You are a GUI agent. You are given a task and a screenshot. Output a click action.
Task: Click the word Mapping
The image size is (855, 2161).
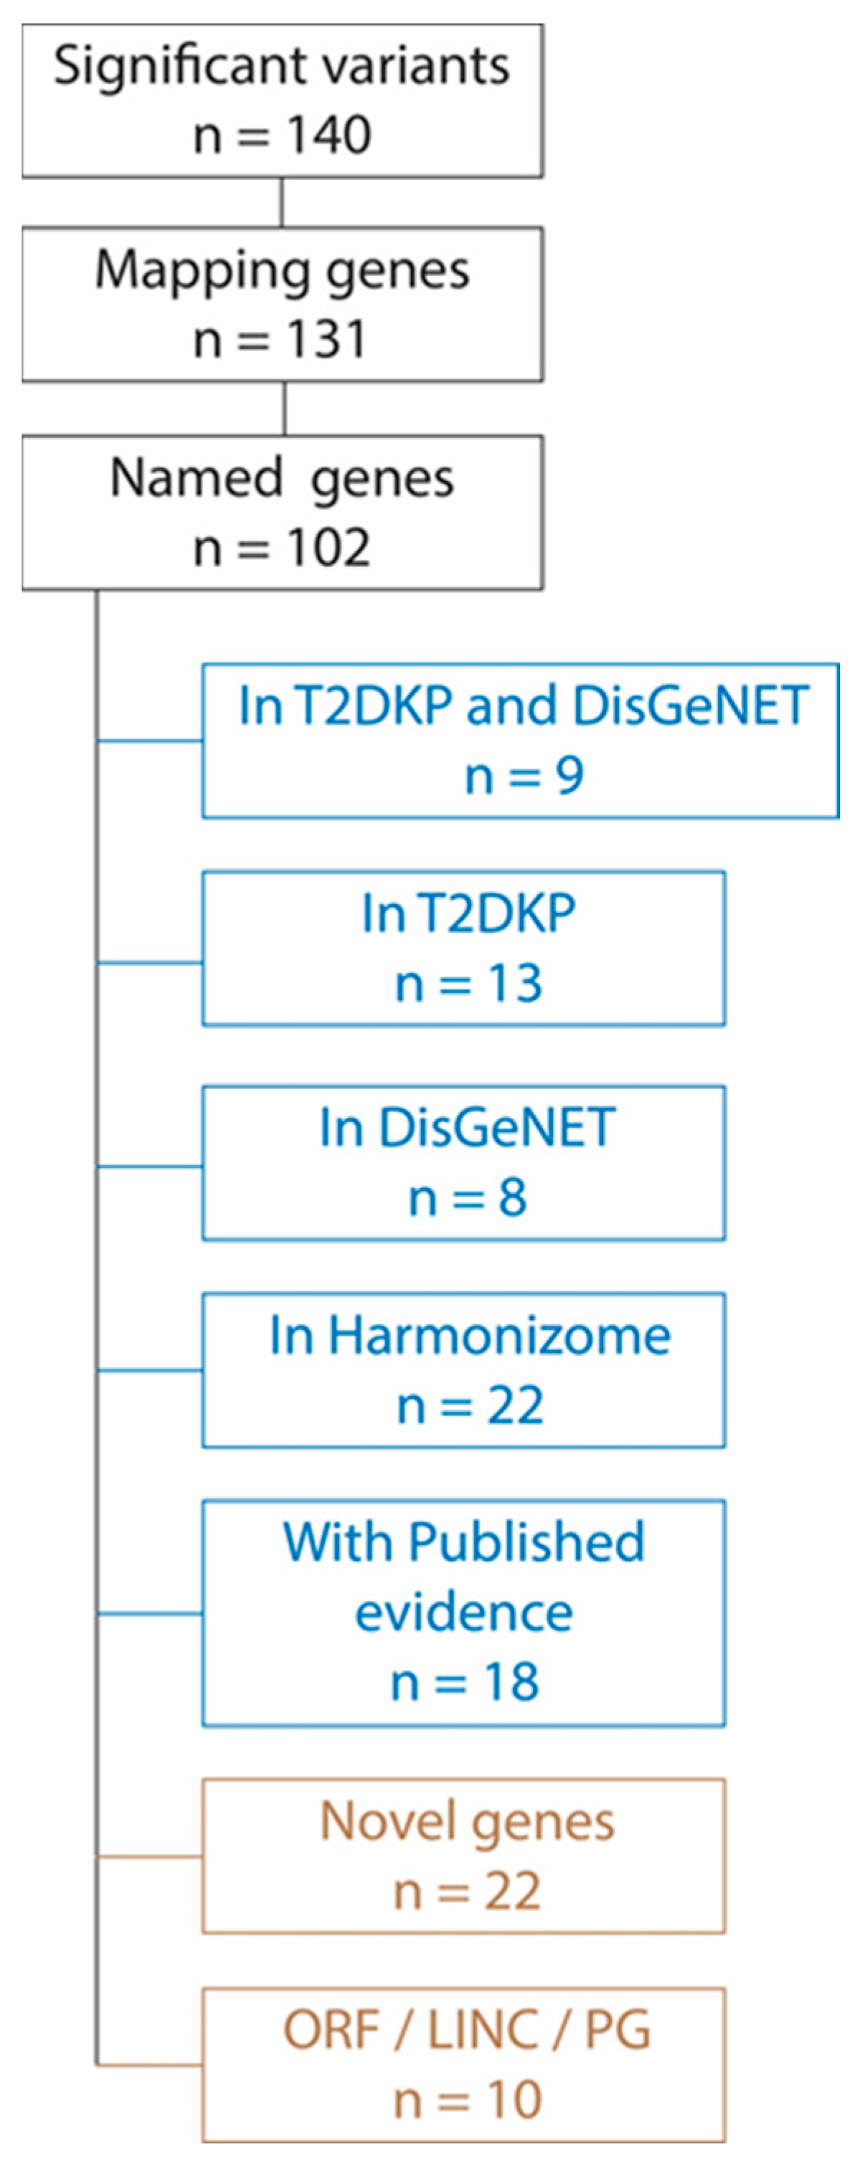(202, 271)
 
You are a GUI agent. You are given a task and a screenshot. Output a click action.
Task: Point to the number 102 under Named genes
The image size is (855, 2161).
(328, 548)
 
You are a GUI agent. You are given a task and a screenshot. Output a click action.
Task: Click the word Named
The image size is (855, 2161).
(197, 478)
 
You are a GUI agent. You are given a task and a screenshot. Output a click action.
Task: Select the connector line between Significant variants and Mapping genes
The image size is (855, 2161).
(282, 202)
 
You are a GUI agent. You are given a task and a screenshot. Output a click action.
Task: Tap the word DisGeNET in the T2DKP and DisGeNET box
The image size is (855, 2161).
(690, 706)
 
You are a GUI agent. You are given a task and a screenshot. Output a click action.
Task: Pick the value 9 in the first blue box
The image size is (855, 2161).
(570, 776)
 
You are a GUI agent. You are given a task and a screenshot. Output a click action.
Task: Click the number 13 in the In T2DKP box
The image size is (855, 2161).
(515, 983)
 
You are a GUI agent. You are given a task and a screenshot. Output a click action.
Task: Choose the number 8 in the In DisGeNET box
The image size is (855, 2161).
(513, 1197)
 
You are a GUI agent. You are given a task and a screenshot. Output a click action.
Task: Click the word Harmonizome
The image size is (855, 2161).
(499, 1336)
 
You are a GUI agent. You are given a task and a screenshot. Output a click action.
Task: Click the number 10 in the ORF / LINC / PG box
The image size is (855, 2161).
(514, 2101)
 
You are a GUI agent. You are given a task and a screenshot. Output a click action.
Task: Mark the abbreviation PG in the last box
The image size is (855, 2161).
(617, 2030)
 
